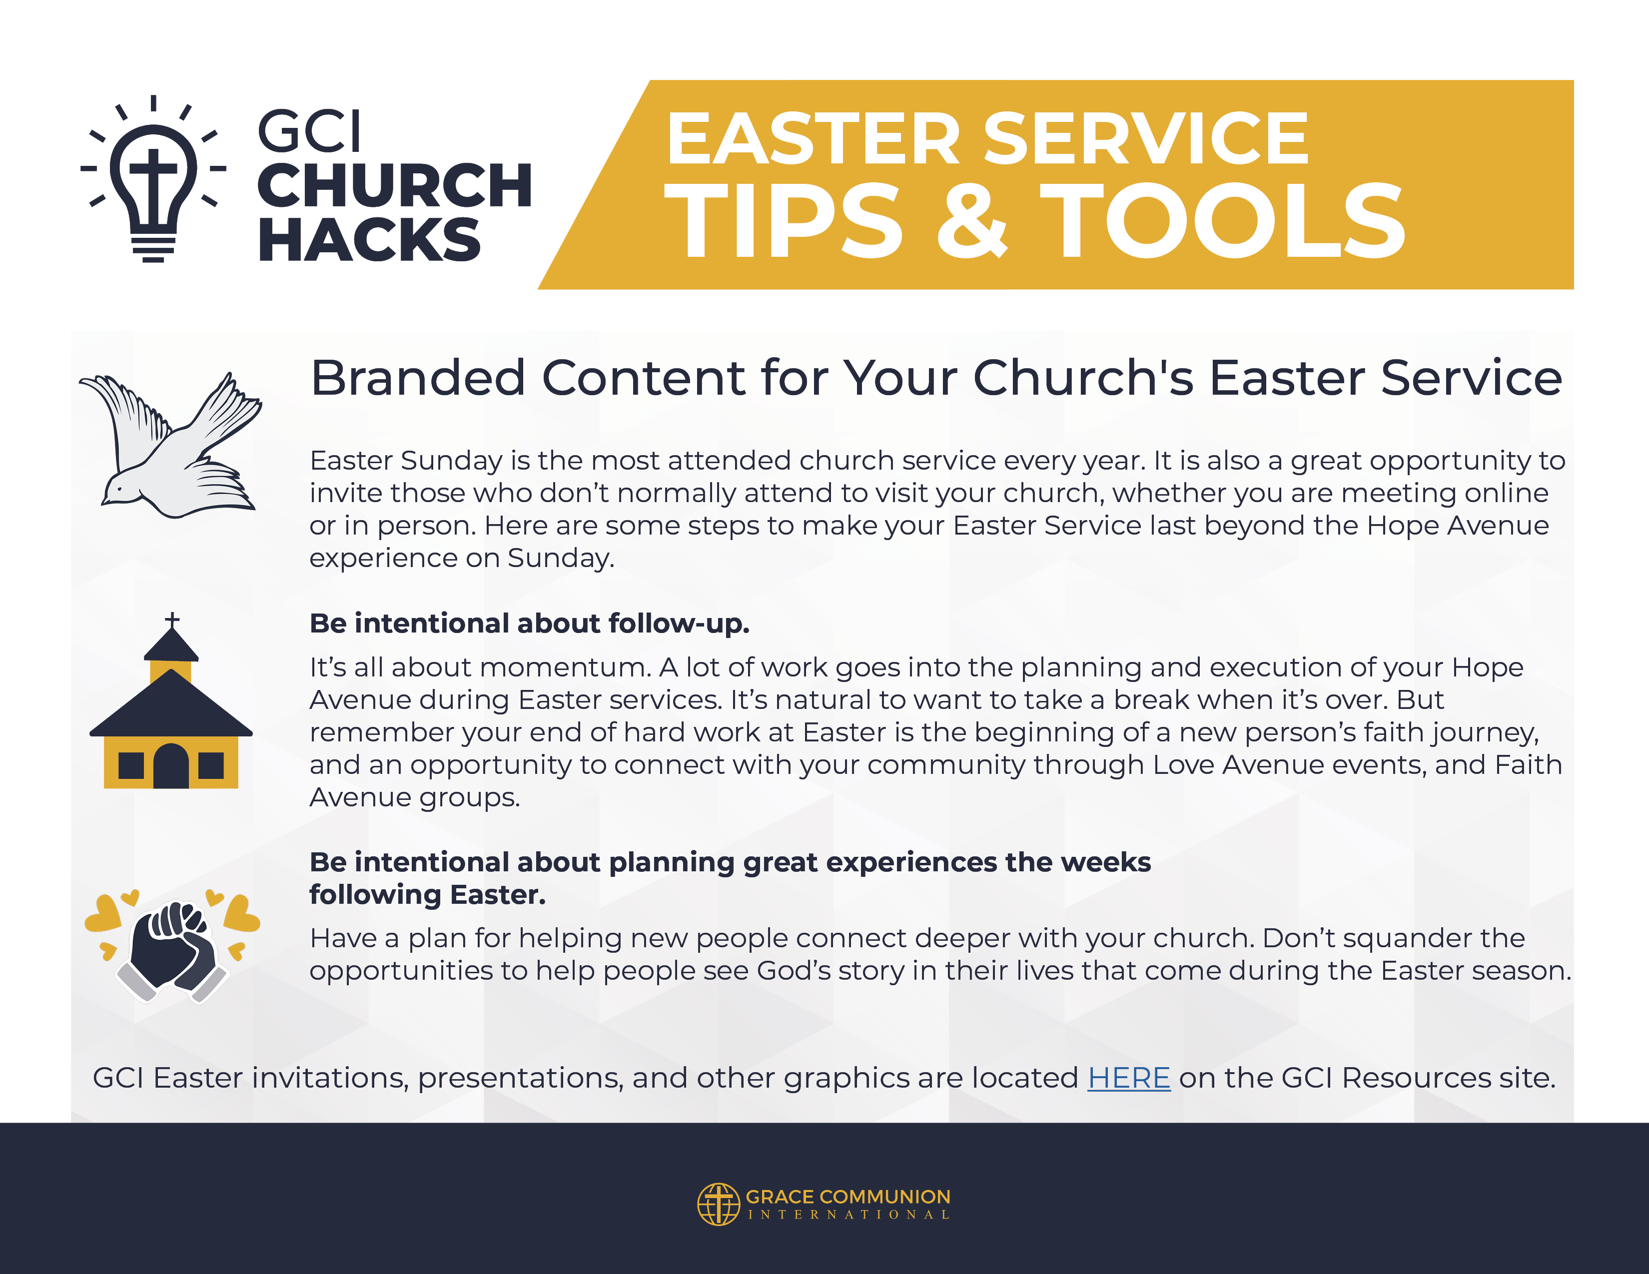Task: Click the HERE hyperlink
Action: [1129, 1078]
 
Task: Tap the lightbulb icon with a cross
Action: [153, 179]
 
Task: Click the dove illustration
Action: [170, 445]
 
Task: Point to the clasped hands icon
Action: [172, 946]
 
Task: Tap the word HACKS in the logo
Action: [369, 240]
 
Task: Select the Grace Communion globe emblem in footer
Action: [718, 1204]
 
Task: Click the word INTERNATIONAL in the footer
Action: [848, 1215]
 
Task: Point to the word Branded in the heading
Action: [418, 377]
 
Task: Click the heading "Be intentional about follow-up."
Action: [529, 624]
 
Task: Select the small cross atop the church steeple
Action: [172, 620]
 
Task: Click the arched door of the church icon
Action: [171, 765]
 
